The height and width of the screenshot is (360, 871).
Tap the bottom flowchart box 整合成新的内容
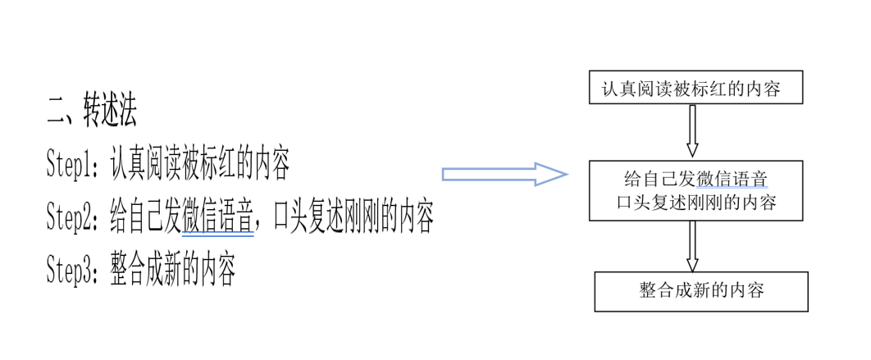pos(701,292)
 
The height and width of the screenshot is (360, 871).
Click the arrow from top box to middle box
pos(692,130)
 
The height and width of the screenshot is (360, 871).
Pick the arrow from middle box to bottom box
pos(692,246)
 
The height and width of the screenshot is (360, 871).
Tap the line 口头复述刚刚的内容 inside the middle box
pos(695,202)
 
